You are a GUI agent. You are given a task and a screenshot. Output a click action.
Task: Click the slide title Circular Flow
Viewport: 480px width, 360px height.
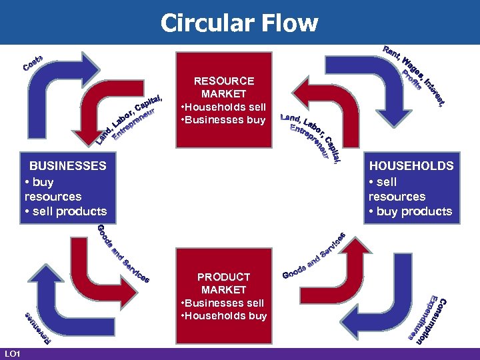click(239, 23)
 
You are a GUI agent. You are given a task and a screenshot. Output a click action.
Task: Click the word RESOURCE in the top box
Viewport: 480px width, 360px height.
click(223, 81)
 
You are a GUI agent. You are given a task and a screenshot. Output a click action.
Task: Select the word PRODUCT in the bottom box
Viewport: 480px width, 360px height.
click(223, 277)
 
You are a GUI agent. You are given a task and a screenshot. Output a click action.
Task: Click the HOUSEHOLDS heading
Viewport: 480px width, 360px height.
click(411, 165)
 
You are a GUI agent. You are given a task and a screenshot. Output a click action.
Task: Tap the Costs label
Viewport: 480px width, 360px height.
click(33, 63)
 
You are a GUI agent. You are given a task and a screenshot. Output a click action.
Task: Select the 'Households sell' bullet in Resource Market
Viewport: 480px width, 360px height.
click(223, 107)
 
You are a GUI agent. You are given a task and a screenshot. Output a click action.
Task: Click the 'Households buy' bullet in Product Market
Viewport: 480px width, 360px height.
click(223, 316)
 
